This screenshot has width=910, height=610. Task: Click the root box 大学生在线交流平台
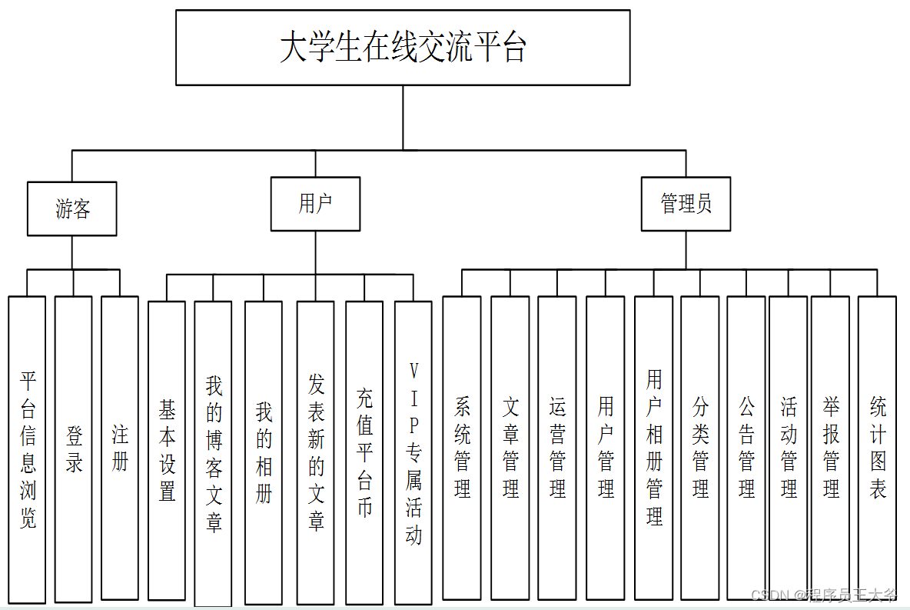coord(403,48)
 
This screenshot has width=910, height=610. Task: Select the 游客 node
coord(72,208)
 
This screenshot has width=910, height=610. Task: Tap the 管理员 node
coord(686,204)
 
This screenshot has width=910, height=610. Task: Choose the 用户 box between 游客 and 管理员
coord(315,204)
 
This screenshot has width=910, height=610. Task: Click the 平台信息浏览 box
coord(28,449)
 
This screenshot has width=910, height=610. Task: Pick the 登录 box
coord(74,449)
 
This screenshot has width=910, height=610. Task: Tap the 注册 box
coord(120,448)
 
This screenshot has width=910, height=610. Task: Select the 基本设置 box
coord(167,450)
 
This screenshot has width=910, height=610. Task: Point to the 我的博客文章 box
coord(214,453)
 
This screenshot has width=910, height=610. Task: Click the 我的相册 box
coord(264,452)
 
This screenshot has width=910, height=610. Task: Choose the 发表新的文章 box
coord(316,452)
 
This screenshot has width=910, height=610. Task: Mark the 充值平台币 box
coord(364,452)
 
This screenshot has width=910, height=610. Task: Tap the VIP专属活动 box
coord(413,452)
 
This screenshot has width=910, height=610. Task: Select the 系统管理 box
coord(462,448)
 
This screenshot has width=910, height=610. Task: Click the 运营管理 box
coord(557,448)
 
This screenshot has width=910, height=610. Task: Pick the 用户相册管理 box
coord(654,448)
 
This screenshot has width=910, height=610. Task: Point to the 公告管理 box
coord(746,448)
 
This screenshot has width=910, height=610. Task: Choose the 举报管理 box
coord(831,448)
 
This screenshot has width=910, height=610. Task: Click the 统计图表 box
coord(877,448)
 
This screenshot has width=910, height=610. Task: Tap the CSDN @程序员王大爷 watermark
coord(824,595)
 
